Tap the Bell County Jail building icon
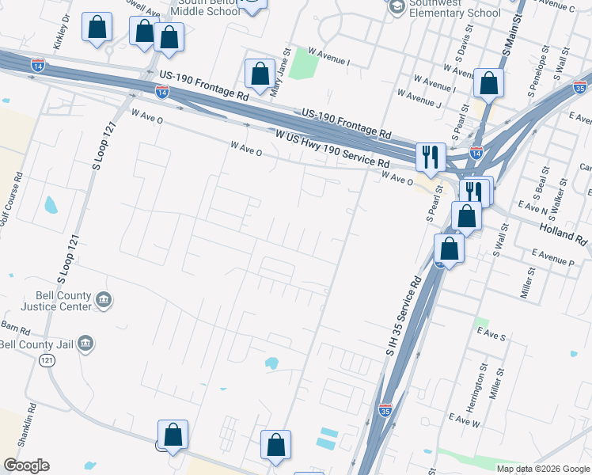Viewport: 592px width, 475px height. pyautogui.click(x=86, y=344)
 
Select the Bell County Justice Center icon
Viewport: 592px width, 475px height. pyautogui.click(x=104, y=300)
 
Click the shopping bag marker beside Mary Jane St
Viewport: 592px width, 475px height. pyautogui.click(x=260, y=74)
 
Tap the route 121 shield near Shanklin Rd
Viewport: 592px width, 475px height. pyautogui.click(x=47, y=360)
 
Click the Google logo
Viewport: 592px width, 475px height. pyautogui.click(x=26, y=465)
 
